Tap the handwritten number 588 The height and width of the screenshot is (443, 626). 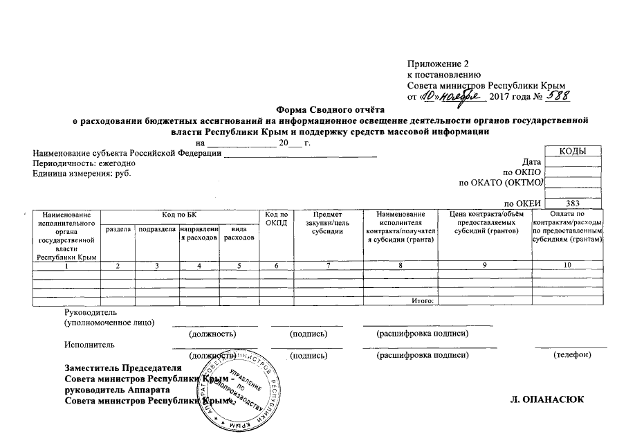(x=556, y=96)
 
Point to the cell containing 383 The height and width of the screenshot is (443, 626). (x=572, y=204)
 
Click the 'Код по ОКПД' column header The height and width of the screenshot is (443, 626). (x=276, y=220)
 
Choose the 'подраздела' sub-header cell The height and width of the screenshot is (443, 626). (x=157, y=229)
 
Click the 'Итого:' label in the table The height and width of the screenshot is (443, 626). (x=422, y=301)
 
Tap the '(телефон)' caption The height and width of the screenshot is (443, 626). (x=572, y=355)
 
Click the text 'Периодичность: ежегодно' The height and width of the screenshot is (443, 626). (x=84, y=163)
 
